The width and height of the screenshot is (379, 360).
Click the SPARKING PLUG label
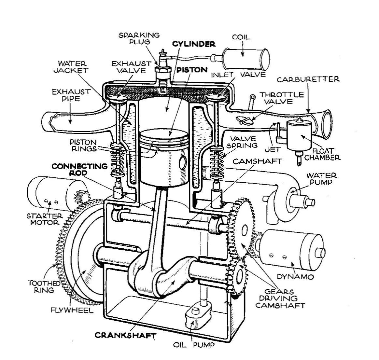(x=139, y=38)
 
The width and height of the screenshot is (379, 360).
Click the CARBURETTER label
(x=308, y=79)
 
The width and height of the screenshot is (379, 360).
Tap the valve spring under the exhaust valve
(x=118, y=159)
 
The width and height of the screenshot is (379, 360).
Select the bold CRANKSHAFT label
(x=125, y=335)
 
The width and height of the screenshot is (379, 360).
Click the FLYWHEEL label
(x=72, y=310)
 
